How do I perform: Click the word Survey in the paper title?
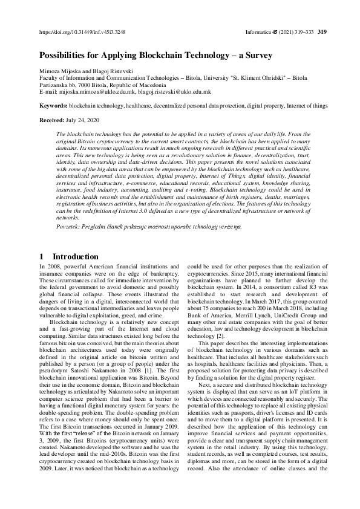coord(256,55)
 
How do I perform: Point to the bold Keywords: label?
coord(53,106)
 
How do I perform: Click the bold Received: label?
coord(52,120)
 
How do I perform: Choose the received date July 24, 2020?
coord(85,120)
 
